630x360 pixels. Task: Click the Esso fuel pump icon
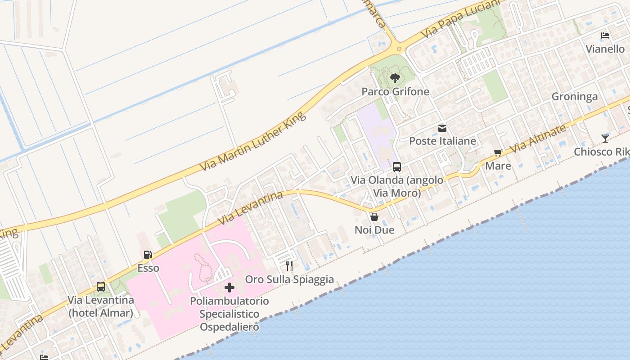148,255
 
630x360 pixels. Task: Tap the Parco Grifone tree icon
395,78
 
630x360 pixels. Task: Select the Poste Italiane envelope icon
442,128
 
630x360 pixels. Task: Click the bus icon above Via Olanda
397,167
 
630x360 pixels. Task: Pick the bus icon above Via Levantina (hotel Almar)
101,287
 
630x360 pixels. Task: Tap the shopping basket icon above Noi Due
374,217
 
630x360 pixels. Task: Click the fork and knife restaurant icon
289,266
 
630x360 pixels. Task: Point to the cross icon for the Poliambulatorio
229,287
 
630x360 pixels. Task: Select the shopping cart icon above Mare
498,153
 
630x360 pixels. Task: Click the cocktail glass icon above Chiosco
605,139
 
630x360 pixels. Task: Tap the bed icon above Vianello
605,36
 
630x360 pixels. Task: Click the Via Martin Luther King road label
253,141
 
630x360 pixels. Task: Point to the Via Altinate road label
538,138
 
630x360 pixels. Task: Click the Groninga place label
575,97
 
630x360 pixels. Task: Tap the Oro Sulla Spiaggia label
289,279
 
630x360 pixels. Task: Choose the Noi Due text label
374,230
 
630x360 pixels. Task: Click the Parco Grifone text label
396,92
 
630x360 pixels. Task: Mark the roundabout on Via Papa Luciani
399,49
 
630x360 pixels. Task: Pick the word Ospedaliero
229,327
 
